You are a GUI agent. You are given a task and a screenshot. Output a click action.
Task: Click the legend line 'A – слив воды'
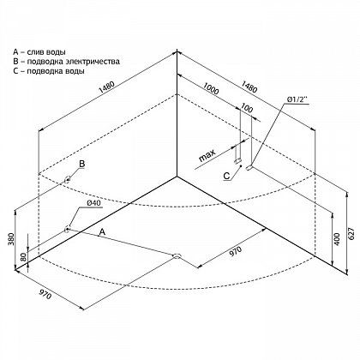39,52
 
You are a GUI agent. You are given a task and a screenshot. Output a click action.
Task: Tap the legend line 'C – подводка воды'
49,71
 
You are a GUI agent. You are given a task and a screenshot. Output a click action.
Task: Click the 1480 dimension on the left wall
106,87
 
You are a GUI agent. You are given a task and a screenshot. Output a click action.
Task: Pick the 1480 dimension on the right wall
249,87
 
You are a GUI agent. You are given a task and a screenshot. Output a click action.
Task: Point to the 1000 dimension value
211,88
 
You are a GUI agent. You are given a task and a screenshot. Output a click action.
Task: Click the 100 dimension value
247,108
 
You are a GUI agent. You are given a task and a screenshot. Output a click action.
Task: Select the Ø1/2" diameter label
297,99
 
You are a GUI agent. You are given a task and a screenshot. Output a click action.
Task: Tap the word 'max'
207,156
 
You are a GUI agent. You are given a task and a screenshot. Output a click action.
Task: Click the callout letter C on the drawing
226,176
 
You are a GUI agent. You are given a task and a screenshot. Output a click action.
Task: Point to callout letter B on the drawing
82,164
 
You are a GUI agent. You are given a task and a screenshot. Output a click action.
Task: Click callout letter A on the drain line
102,232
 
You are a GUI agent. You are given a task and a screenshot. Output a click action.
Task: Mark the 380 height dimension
10,239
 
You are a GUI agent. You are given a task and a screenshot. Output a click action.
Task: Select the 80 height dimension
23,257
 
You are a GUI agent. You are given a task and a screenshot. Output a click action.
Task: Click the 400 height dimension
338,239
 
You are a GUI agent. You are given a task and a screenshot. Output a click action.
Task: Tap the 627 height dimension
353,236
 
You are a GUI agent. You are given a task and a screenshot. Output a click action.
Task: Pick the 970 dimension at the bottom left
45,294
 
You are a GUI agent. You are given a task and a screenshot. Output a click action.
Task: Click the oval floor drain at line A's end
177,255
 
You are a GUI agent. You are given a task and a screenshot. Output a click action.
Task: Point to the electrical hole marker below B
68,180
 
